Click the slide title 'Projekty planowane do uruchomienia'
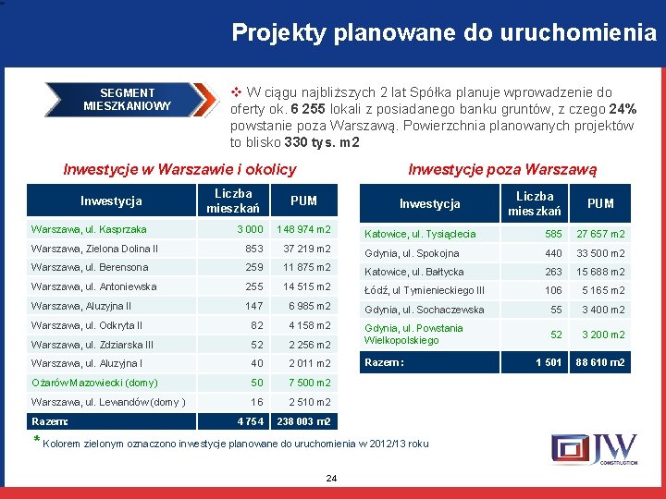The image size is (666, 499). (444, 34)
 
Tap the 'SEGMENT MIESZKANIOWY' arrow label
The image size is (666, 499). (128, 99)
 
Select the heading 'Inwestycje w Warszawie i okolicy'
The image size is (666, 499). (179, 169)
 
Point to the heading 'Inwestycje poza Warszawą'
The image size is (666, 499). (502, 169)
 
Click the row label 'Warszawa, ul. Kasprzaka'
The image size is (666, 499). (89, 229)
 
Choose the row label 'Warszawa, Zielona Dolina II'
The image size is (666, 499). (94, 249)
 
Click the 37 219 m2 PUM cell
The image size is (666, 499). (306, 249)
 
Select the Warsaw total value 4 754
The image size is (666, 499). (251, 421)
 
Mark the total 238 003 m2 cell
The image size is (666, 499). (304, 421)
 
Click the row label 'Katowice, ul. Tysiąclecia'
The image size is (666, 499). (420, 235)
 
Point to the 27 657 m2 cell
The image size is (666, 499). (600, 235)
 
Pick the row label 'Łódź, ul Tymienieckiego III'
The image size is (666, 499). (425, 291)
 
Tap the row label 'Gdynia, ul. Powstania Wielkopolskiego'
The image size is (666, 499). (413, 335)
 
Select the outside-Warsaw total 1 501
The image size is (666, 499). (549, 362)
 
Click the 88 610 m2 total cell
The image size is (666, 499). (600, 362)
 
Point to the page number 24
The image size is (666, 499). (332, 478)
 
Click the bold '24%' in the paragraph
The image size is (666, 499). (623, 109)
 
